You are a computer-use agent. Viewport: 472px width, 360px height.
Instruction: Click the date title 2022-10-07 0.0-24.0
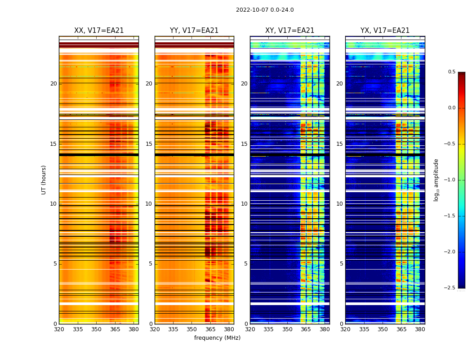(265, 10)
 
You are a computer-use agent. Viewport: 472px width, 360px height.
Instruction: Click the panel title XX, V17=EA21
(99, 31)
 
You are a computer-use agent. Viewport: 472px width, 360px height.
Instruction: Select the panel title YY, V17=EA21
(194, 31)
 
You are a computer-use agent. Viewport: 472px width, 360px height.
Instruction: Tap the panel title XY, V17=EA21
(289, 31)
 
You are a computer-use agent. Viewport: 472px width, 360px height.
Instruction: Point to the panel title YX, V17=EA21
(385, 31)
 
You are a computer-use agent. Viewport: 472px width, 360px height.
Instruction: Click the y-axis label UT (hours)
(44, 180)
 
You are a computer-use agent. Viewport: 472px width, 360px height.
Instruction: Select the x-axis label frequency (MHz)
(217, 338)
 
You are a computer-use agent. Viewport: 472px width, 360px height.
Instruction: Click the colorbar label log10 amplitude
(436, 180)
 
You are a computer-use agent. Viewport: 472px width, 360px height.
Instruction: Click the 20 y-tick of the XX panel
(53, 84)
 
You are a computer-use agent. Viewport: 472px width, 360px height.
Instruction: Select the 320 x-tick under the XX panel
(59, 329)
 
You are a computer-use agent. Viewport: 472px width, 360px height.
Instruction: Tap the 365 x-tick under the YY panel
(210, 329)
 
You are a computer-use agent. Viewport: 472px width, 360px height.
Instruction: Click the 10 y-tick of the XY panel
(245, 204)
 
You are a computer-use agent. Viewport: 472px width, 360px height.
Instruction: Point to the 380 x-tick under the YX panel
(420, 329)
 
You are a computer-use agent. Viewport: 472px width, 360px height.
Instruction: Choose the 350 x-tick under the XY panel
(287, 329)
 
